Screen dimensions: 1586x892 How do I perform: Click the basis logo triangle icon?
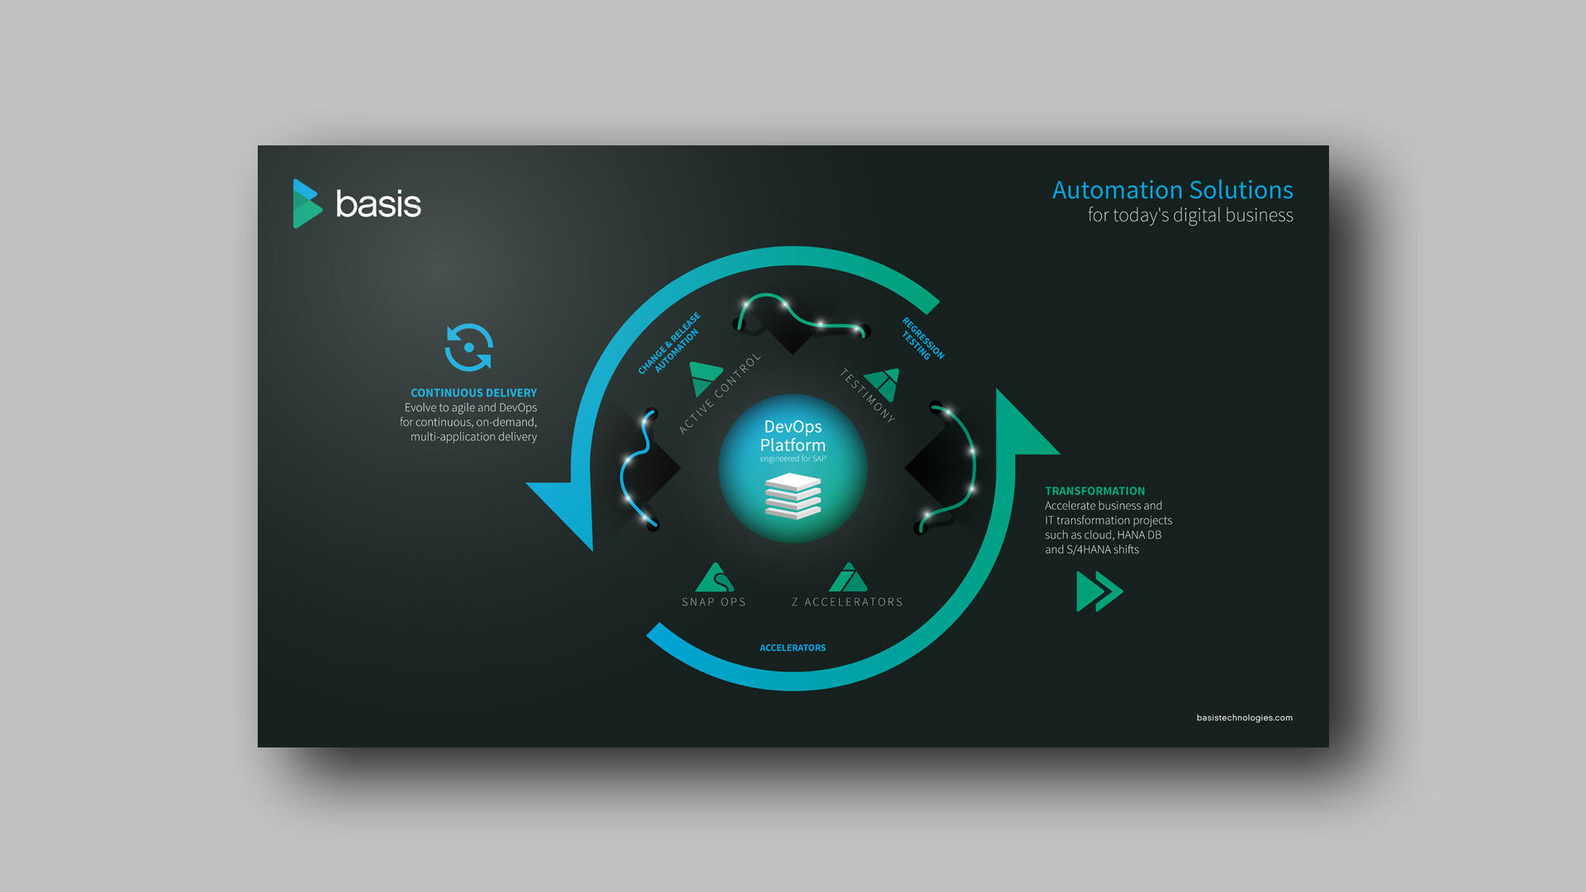point(306,204)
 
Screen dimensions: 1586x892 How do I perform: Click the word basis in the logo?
point(378,204)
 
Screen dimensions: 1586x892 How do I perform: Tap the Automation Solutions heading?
point(1172,190)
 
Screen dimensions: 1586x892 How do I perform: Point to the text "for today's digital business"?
point(1190,216)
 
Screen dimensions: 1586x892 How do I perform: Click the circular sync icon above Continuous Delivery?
point(469,348)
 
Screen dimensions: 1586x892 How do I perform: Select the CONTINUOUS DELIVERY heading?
point(473,393)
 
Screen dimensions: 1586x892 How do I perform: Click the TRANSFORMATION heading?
point(1095,491)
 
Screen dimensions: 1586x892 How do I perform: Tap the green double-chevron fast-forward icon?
point(1099,591)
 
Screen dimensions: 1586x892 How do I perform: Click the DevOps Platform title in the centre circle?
point(793,436)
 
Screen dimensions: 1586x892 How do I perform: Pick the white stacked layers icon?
point(793,496)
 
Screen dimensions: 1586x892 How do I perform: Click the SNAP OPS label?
point(714,602)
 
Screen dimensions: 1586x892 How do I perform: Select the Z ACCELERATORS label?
point(847,602)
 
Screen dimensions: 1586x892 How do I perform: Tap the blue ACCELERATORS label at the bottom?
point(793,648)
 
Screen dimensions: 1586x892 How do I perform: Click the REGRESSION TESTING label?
point(923,339)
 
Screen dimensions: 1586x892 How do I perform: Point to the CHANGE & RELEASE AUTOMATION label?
point(669,343)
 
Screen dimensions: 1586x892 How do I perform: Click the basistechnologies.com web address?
point(1244,718)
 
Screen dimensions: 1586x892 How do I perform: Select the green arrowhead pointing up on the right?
point(1024,423)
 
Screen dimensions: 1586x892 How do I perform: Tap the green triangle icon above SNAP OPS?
point(715,577)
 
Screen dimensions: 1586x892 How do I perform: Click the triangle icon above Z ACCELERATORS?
point(848,577)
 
